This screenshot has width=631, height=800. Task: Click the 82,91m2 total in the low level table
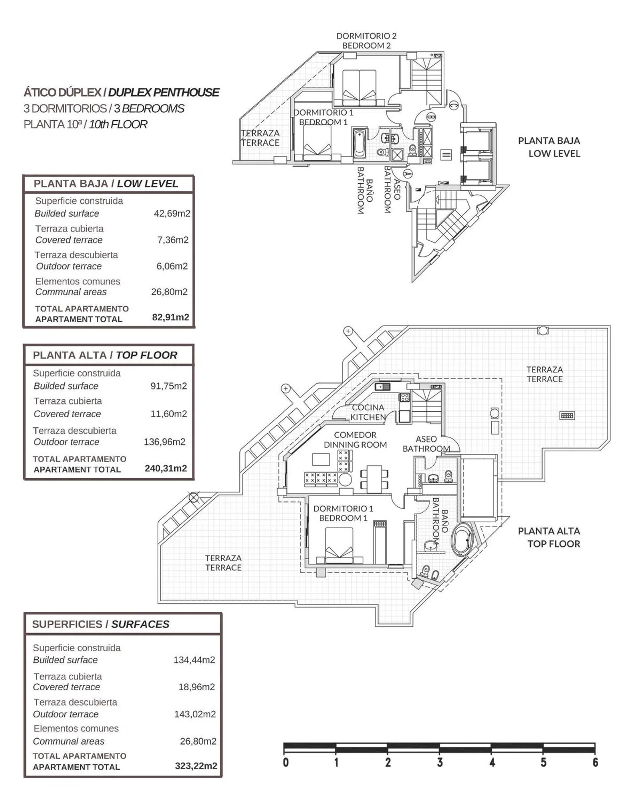pyautogui.click(x=170, y=317)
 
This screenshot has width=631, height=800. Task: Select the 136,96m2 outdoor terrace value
pyautogui.click(x=164, y=442)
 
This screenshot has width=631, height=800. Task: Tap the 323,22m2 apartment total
pyautogui.click(x=196, y=766)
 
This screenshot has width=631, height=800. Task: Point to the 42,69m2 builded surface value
pyautogui.click(x=172, y=213)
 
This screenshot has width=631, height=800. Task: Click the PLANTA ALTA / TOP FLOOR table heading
pyautogui.click(x=105, y=355)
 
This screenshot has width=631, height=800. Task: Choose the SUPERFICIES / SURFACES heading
pyautogui.click(x=101, y=624)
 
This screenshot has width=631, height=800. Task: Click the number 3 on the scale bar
pyautogui.click(x=440, y=763)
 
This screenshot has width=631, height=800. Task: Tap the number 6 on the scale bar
pyautogui.click(x=595, y=763)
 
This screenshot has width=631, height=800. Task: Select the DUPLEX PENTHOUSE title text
pyautogui.click(x=164, y=92)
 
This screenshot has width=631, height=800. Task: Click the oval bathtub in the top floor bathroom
pyautogui.click(x=462, y=540)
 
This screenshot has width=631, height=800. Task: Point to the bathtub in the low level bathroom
pyautogui.click(x=359, y=143)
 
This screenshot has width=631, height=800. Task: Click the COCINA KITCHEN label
pyautogui.click(x=368, y=412)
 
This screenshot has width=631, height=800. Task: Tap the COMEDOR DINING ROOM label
pyautogui.click(x=355, y=440)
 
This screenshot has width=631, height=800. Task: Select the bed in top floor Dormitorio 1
pyautogui.click(x=339, y=545)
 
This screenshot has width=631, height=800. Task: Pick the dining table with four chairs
pyautogui.click(x=374, y=478)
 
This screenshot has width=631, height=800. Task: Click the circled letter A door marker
pyautogui.click(x=407, y=173)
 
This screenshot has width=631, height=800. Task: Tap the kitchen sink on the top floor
pyautogui.click(x=382, y=387)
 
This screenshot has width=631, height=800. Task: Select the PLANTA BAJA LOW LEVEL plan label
pyautogui.click(x=549, y=147)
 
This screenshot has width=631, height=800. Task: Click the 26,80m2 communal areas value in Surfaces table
pyautogui.click(x=198, y=741)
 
